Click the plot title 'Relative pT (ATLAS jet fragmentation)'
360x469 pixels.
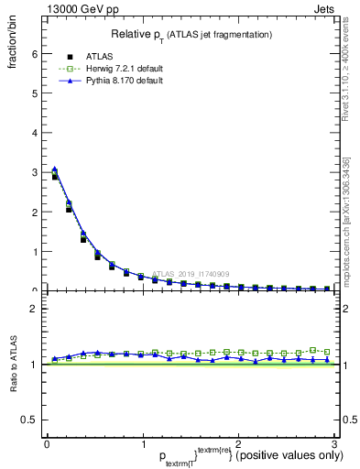[191, 34]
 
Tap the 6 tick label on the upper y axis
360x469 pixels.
[34, 53]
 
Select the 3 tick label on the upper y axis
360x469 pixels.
[34, 172]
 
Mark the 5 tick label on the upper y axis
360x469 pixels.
[34, 93]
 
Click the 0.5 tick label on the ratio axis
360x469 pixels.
[29, 420]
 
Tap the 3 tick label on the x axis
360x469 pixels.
[333, 444]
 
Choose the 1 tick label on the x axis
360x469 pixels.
[142, 444]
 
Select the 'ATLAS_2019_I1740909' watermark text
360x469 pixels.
[192, 273]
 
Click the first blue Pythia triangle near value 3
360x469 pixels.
[55, 169]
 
